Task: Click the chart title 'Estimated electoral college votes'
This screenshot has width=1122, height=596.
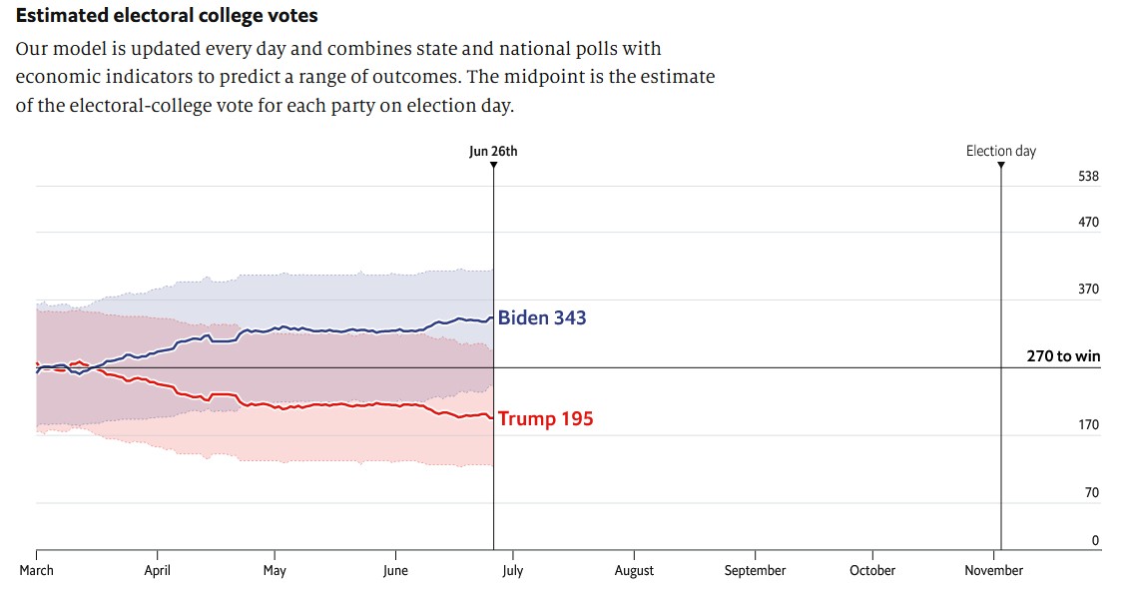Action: (167, 17)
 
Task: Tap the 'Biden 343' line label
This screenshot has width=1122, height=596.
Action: (542, 318)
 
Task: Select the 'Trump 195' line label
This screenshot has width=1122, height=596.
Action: (545, 419)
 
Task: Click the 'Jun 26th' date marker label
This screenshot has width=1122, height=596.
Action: (493, 152)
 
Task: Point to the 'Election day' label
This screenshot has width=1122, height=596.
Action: (1000, 152)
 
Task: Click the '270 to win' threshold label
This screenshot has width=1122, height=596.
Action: (1063, 356)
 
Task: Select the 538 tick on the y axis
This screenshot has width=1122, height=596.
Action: (1088, 177)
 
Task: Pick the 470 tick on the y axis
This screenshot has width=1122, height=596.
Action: (1088, 223)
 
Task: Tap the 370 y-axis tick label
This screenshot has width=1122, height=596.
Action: (1088, 290)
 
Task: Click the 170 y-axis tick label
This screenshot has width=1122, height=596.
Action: (1088, 425)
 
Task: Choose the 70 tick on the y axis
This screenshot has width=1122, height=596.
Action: (1091, 493)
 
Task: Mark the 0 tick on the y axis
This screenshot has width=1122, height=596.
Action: (1095, 541)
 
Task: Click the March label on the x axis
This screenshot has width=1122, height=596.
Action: (37, 571)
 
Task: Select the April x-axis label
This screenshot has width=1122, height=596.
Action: (157, 571)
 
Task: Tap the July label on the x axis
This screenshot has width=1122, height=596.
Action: (513, 571)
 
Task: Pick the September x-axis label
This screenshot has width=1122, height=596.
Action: (755, 571)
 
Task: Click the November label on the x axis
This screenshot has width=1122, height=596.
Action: (993, 571)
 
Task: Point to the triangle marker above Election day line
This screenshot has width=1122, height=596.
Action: (1001, 165)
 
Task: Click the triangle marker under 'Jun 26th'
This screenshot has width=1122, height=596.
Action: (493, 165)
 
